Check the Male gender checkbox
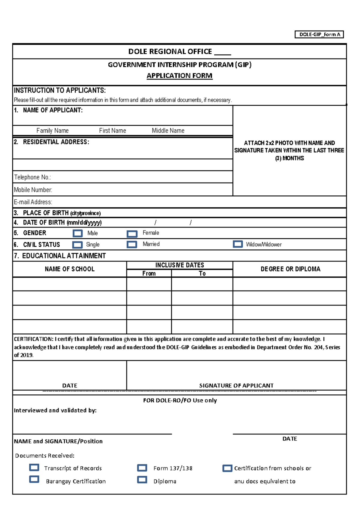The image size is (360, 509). click(78, 233)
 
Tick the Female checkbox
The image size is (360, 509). click(132, 234)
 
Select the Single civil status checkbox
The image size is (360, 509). click(77, 245)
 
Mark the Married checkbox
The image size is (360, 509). click(132, 244)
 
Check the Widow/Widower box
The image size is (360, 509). click(238, 244)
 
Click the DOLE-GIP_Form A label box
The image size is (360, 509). click(319, 35)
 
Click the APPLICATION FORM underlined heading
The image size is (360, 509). click(179, 76)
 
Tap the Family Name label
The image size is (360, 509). click(52, 131)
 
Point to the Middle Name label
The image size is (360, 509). click(168, 131)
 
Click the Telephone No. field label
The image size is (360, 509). click(32, 177)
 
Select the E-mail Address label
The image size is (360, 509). click(33, 202)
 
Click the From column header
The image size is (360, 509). click(149, 273)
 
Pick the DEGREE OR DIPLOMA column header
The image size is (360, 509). click(290, 269)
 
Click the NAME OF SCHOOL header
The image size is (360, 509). click(70, 269)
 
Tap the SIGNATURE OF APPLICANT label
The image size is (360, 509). click(236, 385)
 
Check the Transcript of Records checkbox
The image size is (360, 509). click(34, 467)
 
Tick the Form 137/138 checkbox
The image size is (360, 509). click(142, 468)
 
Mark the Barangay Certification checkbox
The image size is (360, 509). click(34, 479)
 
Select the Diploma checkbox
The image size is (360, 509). click(142, 480)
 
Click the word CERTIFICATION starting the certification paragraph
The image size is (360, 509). click(33, 339)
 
